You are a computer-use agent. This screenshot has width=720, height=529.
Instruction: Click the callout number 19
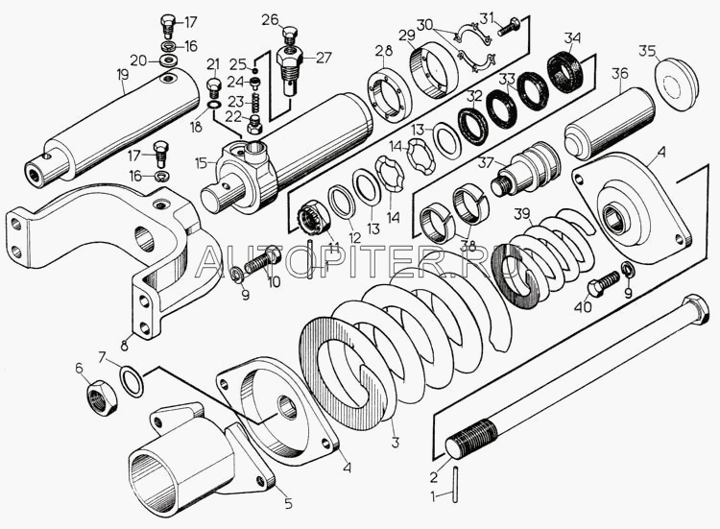click(122, 72)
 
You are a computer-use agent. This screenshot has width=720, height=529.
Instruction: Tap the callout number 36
click(619, 72)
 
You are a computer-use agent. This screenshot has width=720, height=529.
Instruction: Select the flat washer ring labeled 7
click(133, 379)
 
